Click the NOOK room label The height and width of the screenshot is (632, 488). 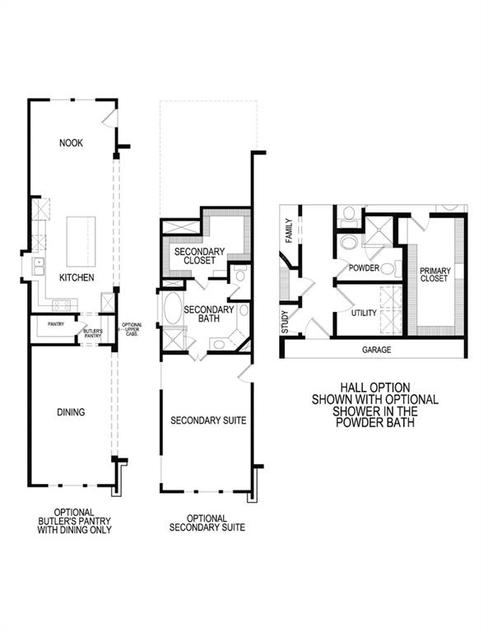pos(72,143)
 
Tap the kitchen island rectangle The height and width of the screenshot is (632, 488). pos(81,237)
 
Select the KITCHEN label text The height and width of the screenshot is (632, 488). pos(76,278)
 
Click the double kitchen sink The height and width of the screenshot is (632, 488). pos(38,267)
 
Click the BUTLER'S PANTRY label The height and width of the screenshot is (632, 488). pos(92,332)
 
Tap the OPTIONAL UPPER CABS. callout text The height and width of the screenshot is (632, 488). pos(132,328)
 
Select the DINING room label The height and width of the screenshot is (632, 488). pos(72,411)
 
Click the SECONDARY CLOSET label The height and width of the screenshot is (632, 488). pos(196,255)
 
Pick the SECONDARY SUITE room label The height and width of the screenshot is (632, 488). pos(208,420)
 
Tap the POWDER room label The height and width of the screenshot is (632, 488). pos(363,269)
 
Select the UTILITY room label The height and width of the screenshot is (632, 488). pos(363,314)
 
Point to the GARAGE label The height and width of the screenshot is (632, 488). pos(376,349)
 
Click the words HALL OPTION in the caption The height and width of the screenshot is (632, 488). pos(374,386)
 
